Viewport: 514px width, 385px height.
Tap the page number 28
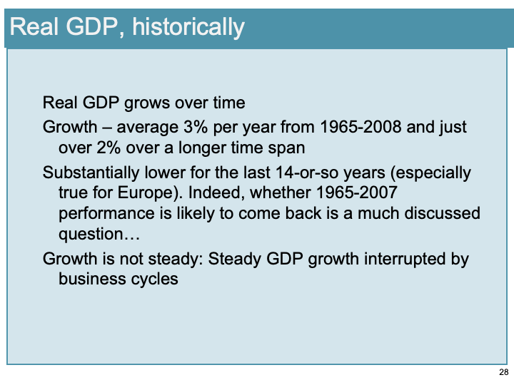point(503,373)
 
